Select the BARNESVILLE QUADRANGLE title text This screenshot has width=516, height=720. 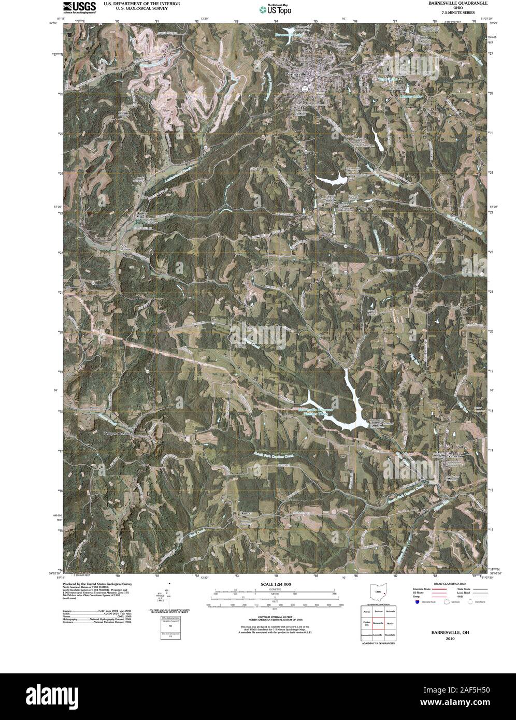click(450, 3)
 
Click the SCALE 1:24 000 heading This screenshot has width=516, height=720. click(275, 584)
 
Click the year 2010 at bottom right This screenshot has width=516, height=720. click(444, 639)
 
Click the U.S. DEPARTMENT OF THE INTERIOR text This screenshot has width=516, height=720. click(142, 3)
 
